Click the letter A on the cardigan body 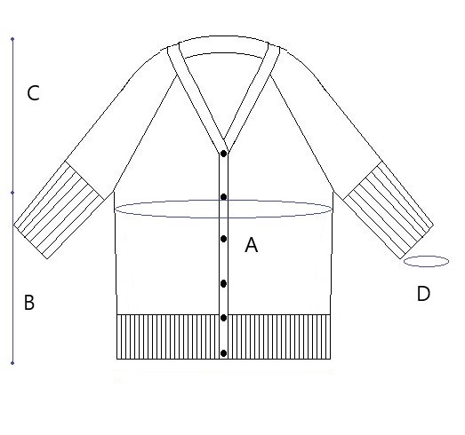coord(252,245)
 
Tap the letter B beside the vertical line coord(29,303)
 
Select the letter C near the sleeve coord(33,93)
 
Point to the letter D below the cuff coord(423,294)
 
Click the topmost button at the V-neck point coord(223,154)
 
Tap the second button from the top coord(223,197)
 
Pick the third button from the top coord(223,239)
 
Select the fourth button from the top coord(223,284)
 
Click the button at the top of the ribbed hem coord(223,318)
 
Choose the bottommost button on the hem coord(223,353)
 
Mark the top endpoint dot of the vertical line coord(12,39)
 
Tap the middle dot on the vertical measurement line coord(12,193)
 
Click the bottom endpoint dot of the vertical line coord(12,363)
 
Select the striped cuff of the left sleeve coord(59,210)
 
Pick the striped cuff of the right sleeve coord(389,210)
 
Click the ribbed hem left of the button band coord(168,337)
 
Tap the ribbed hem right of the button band coord(279,337)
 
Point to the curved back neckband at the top coord(224,44)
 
